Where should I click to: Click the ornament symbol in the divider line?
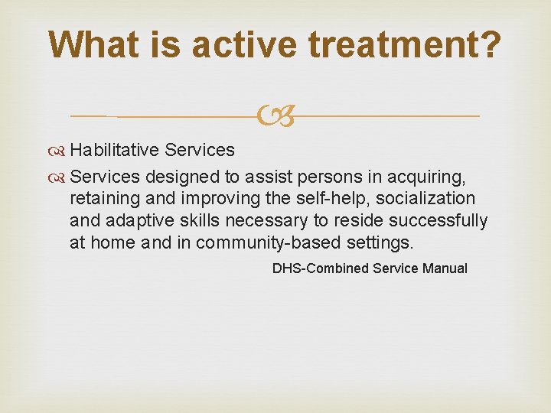click(x=275, y=116)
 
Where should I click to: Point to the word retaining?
click(x=100, y=198)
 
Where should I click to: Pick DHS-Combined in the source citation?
click(x=321, y=269)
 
